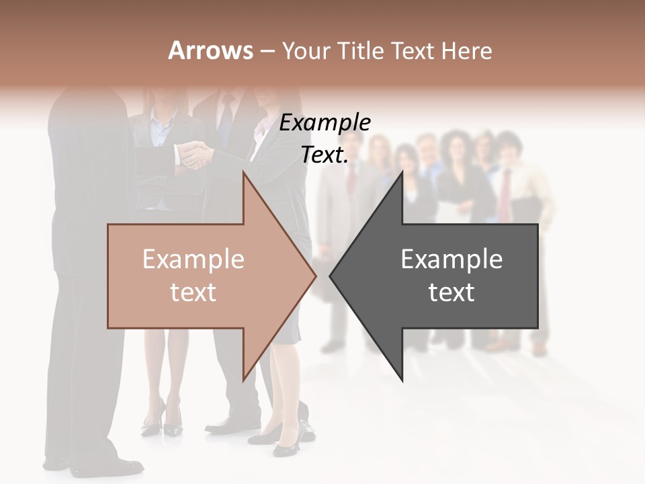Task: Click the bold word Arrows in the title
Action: click(210, 50)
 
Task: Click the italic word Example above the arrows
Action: click(325, 123)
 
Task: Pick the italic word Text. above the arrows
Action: click(325, 155)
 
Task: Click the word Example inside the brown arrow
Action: click(193, 259)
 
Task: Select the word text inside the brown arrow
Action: click(193, 292)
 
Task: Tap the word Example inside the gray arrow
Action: click(451, 259)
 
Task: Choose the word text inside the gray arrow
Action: click(451, 292)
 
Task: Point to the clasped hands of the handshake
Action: click(193, 155)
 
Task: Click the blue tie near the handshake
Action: click(225, 124)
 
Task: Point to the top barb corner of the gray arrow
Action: click(402, 172)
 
